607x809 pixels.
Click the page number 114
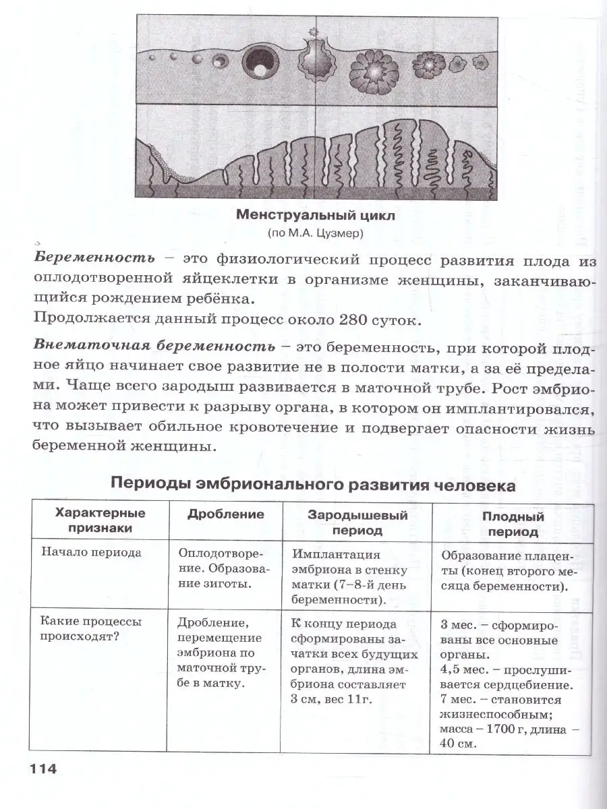(x=42, y=770)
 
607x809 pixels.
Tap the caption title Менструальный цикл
(x=303, y=216)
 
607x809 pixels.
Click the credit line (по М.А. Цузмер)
(x=303, y=234)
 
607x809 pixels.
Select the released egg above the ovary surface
(x=312, y=32)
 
